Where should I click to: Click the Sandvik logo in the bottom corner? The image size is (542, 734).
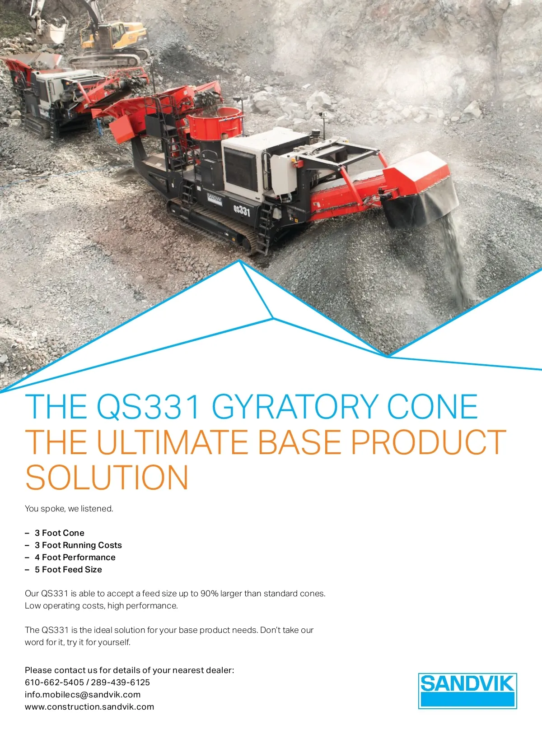pos(467,691)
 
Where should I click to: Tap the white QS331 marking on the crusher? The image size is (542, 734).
pos(241,210)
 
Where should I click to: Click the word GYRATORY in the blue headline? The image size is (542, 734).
pos(295,407)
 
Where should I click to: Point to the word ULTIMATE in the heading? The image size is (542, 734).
pos(172,442)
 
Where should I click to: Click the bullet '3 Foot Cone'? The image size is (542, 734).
pos(60,533)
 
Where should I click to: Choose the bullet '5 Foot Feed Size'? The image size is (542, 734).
pos(68,569)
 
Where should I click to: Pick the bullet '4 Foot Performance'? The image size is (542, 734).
pos(75,557)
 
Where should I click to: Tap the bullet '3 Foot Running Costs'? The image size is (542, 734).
pos(78,545)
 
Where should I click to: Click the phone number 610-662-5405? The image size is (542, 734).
pos(54,683)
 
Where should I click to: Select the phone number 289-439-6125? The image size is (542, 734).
pos(121,683)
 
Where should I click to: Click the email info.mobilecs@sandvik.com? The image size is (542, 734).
pos(83,695)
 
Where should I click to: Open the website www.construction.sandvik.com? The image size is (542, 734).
pos(89,707)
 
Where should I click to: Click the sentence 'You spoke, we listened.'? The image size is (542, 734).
pos(69,509)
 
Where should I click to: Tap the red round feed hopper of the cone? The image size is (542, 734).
pos(215,123)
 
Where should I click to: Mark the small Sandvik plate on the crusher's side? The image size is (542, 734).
pos(215,199)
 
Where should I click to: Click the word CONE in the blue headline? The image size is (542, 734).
pos(433,407)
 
